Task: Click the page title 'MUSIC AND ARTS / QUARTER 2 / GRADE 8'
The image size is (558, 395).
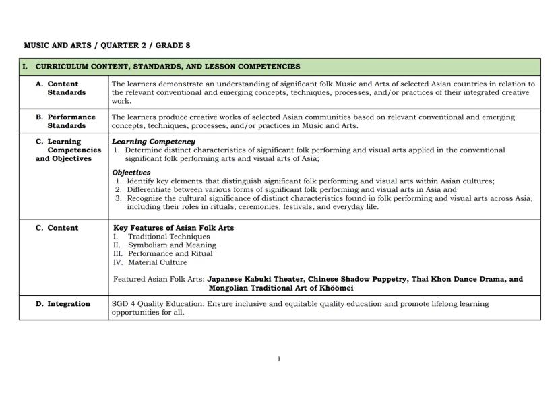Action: pyautogui.click(x=106, y=45)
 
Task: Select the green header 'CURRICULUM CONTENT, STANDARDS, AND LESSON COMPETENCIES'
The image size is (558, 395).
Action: pyautogui.click(x=168, y=67)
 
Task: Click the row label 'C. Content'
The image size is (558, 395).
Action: pyautogui.click(x=57, y=228)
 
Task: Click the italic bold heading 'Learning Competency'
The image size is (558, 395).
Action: pyautogui.click(x=153, y=142)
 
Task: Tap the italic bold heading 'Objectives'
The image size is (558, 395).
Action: pyautogui.click(x=131, y=173)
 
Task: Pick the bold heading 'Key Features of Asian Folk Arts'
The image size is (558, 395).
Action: pyautogui.click(x=173, y=228)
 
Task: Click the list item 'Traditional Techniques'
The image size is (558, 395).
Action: pyautogui.click(x=168, y=237)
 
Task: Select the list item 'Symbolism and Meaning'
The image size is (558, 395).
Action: pyautogui.click(x=172, y=245)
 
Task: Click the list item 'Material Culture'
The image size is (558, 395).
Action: pyautogui.click(x=158, y=263)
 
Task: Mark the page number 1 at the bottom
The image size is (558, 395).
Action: pyautogui.click(x=279, y=359)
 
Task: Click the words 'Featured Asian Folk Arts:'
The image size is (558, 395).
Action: pyautogui.click(x=159, y=279)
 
